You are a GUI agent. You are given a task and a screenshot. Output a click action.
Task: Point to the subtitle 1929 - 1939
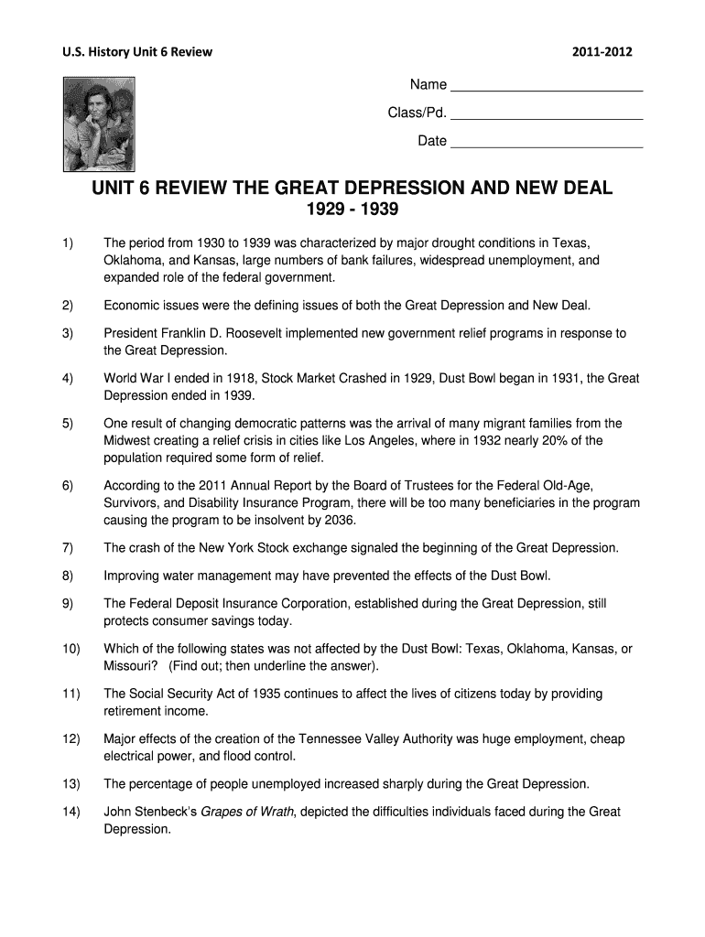point(352,211)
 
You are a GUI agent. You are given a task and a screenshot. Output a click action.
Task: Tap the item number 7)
point(68,548)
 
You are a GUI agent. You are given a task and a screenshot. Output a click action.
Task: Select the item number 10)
point(71,649)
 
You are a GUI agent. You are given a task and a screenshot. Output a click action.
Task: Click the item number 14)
point(71,812)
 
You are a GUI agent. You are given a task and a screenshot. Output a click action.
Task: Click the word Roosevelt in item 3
point(275,333)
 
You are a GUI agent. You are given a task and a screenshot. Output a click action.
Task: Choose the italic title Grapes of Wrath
point(249,812)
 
